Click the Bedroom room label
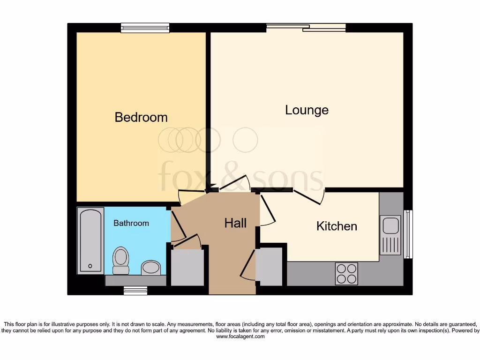141,117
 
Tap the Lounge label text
307,110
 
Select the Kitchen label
337,226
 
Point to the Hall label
235,223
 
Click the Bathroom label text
131,223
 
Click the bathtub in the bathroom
91,240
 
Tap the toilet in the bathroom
121,261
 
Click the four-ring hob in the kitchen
346,274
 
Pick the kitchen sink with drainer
390,235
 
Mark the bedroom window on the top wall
145,28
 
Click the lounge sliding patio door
306,28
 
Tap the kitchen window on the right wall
408,234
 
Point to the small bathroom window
135,291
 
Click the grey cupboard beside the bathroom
187,267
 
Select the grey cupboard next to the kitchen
269,266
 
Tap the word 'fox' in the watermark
181,177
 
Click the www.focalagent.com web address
240,337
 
